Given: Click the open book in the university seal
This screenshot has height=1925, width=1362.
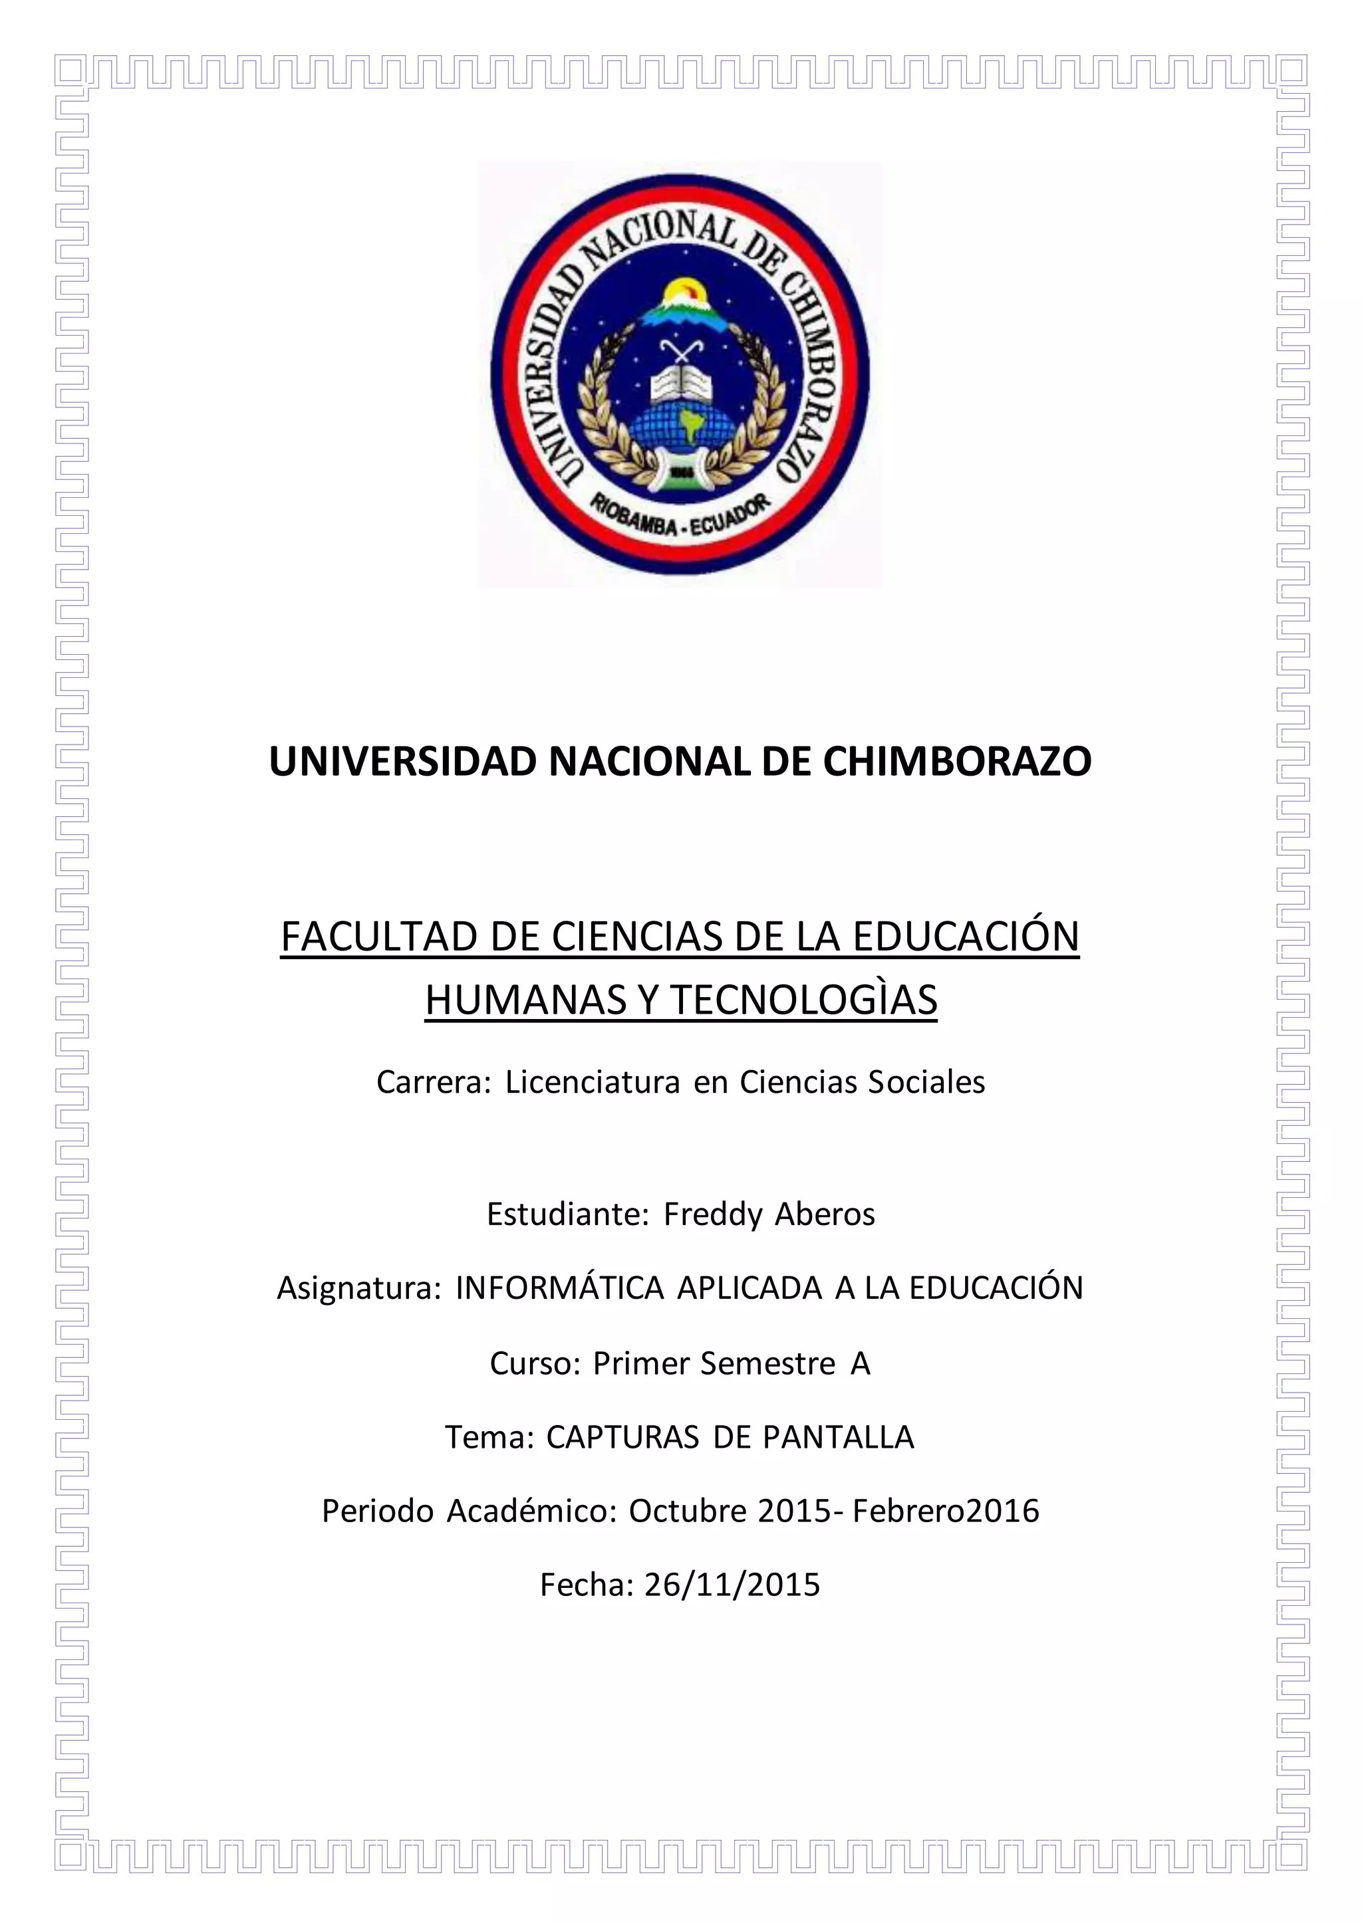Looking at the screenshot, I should (x=680, y=382).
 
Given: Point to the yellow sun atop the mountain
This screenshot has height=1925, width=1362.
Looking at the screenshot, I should (x=681, y=293).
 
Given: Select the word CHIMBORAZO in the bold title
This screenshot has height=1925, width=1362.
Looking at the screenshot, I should (x=957, y=761).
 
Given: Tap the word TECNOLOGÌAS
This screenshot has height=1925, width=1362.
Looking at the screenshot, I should (x=803, y=999).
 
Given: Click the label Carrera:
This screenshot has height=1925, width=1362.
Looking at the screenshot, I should (x=434, y=1082).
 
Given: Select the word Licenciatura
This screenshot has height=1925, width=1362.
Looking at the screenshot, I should (x=592, y=1082).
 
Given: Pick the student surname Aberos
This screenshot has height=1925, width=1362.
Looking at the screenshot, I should (x=825, y=1214).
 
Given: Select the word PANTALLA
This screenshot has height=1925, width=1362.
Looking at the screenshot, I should (x=838, y=1437).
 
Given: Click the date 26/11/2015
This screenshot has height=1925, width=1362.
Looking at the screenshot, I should (x=732, y=1585).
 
